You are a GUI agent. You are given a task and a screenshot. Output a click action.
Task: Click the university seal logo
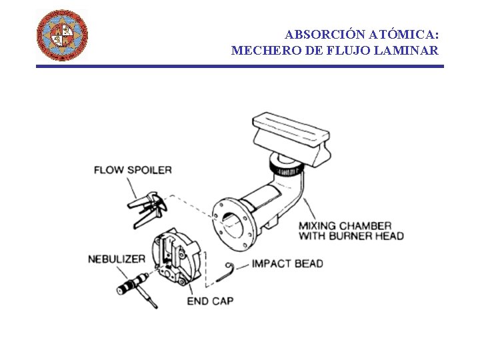point(61,35)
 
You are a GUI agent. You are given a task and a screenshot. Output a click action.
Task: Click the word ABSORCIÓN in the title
point(317,35)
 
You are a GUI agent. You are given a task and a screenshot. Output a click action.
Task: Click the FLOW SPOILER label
point(133,169)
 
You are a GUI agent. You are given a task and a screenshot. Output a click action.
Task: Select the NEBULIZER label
point(116,258)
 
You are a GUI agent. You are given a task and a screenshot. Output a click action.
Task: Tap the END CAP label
point(210,301)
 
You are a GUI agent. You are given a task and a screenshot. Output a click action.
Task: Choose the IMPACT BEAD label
point(287,263)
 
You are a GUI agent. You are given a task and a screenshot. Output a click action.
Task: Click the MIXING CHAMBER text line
point(345,226)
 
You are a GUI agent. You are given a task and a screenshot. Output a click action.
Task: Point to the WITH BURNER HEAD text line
point(351,236)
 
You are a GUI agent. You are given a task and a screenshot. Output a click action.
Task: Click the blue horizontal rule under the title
point(239,66)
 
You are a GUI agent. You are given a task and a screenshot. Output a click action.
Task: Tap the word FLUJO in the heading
point(345,50)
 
